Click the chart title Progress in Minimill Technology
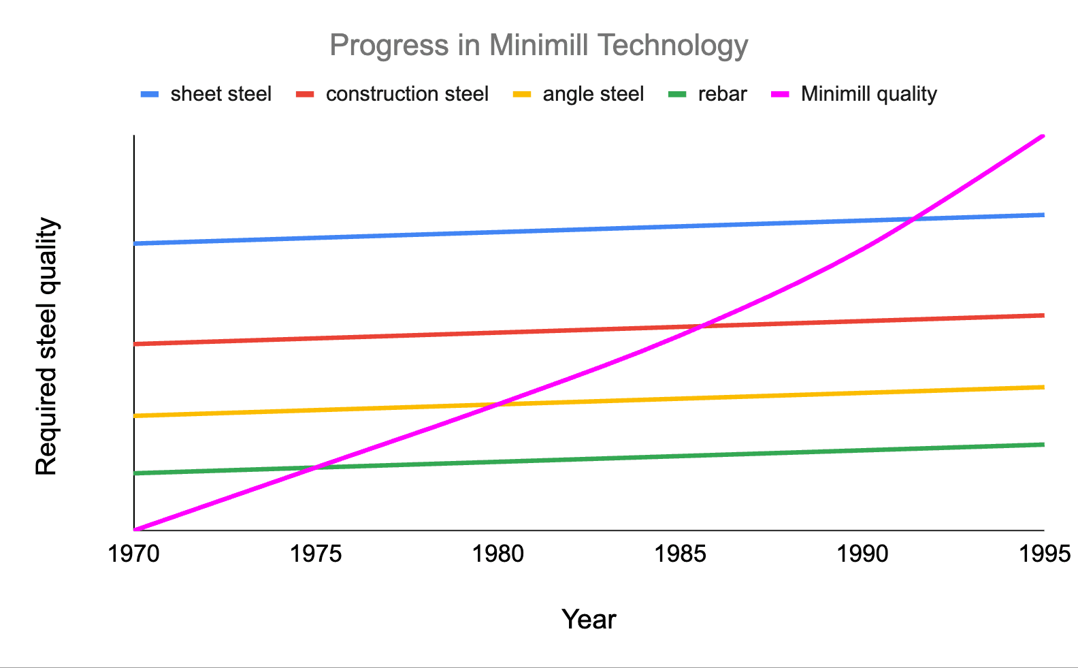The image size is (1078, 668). (x=538, y=46)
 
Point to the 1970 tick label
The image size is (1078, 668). (x=134, y=554)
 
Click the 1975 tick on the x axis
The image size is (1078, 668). (x=316, y=554)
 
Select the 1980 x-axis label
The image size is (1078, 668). (x=498, y=554)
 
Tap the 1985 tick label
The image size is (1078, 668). (x=680, y=554)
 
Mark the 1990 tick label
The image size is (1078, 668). (x=862, y=554)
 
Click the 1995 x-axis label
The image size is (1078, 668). (x=1044, y=554)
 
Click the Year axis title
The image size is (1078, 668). (x=589, y=620)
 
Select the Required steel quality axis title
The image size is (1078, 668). (x=46, y=347)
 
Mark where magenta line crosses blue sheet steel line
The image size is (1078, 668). (x=912, y=219)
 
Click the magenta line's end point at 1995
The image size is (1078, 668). (x=1043, y=136)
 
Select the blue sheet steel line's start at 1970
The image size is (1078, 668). (x=135, y=243)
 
